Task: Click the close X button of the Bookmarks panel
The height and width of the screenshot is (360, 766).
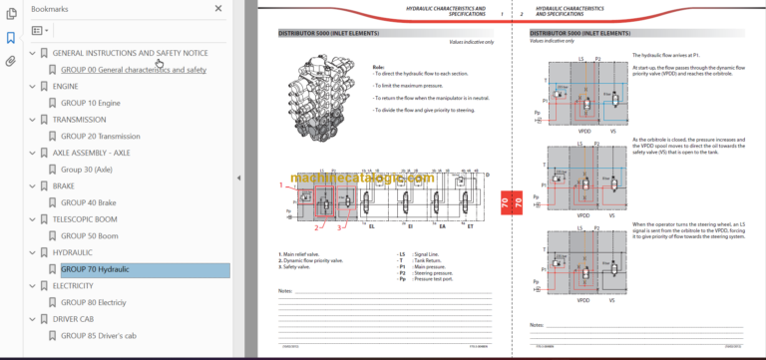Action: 219,8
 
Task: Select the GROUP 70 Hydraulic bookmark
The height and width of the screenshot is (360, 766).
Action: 95,269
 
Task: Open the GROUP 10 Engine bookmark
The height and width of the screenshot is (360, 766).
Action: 91,102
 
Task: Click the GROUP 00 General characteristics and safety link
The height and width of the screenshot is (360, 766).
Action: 133,70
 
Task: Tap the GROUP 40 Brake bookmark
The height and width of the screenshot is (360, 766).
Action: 89,202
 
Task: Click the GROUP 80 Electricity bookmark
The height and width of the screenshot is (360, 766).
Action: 93,302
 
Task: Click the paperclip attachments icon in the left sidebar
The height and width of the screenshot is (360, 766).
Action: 11,61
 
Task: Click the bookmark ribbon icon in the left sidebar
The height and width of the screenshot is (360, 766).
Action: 11,38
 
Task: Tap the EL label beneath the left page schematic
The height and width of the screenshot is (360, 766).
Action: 371,226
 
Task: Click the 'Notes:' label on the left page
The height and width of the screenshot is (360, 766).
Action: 285,290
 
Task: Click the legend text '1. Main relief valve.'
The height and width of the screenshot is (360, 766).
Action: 303,254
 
